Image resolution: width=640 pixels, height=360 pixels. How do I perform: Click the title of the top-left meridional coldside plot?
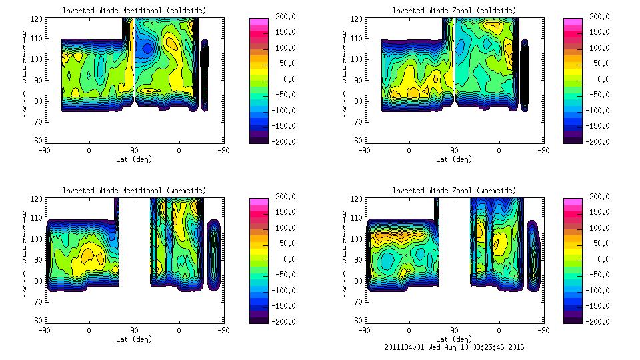point(134,11)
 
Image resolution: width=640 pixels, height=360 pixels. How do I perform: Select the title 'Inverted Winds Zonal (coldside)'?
point(454,11)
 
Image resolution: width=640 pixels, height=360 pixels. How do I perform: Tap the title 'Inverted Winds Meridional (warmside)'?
point(134,191)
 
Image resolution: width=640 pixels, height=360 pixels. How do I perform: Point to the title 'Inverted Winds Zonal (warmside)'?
point(454,191)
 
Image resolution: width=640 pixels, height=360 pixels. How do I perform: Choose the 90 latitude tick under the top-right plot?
point(454,151)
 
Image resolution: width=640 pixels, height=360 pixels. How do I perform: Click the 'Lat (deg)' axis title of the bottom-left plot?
point(134,339)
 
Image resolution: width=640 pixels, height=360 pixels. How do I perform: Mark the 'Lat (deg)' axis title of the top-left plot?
point(134,159)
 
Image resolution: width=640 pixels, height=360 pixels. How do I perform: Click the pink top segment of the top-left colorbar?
point(259,22)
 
